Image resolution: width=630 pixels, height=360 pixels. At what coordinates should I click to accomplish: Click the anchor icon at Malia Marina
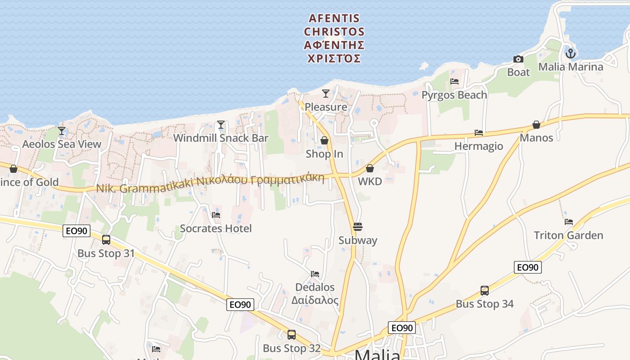point(571,54)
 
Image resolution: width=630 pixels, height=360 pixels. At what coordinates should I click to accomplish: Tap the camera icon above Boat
point(518,59)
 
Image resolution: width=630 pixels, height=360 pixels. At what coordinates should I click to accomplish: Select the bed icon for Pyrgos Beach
point(454,81)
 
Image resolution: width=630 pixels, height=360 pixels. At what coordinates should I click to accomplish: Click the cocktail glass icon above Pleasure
point(326,94)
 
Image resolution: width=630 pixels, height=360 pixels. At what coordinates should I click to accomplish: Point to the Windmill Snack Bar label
point(220,138)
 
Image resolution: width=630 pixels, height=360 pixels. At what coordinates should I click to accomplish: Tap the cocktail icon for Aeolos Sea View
point(62,131)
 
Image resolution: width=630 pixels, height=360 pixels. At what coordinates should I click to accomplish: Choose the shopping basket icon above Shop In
point(324,141)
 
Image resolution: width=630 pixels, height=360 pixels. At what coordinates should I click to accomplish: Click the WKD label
point(370,181)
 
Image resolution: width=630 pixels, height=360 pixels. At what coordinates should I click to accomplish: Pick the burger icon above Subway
point(358,226)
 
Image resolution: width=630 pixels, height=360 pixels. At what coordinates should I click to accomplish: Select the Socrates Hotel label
point(216,228)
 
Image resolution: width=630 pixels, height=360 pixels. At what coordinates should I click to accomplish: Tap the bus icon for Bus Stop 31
point(106,240)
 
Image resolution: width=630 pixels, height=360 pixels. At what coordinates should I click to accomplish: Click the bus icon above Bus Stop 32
point(292,335)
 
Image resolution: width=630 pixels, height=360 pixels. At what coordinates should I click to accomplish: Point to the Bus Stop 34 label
point(485,304)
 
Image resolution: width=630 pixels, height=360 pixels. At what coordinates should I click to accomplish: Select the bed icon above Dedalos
point(315,274)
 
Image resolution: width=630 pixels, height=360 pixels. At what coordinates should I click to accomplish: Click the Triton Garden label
point(568,235)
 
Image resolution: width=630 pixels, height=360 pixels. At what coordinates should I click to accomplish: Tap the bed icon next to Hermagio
point(479,133)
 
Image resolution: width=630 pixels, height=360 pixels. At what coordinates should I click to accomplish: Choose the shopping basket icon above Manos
point(536,125)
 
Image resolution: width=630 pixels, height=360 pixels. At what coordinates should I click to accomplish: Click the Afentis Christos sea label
point(334,38)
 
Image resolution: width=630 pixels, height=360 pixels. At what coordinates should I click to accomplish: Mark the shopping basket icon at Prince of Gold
point(13,169)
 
